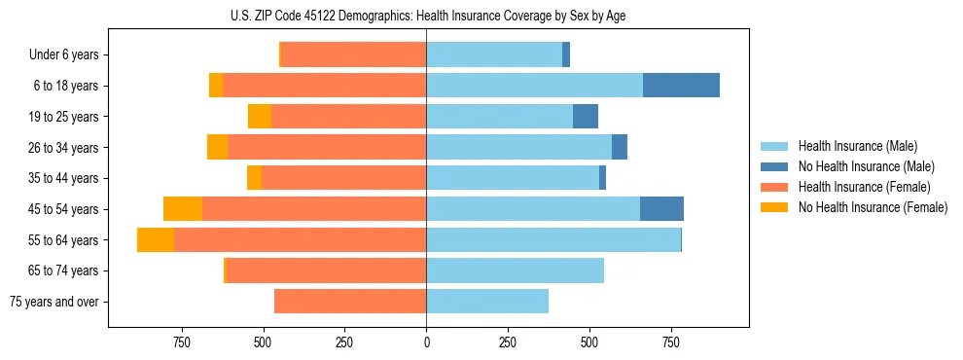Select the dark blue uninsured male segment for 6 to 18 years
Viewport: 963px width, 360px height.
click(x=681, y=86)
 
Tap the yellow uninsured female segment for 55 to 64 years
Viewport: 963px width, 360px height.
click(x=156, y=240)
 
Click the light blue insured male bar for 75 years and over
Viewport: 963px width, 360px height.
click(x=487, y=302)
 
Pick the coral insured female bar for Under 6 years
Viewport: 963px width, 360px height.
click(x=353, y=55)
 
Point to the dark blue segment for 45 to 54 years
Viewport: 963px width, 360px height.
click(x=661, y=209)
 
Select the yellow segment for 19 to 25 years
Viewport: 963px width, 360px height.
click(x=260, y=117)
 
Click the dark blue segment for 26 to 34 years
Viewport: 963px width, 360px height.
click(x=620, y=148)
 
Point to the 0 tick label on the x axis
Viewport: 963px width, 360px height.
click(x=426, y=342)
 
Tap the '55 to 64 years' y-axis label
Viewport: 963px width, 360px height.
click(x=64, y=240)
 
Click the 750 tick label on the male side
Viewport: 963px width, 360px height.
click(x=671, y=342)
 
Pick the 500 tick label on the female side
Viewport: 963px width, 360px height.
click(x=263, y=342)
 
